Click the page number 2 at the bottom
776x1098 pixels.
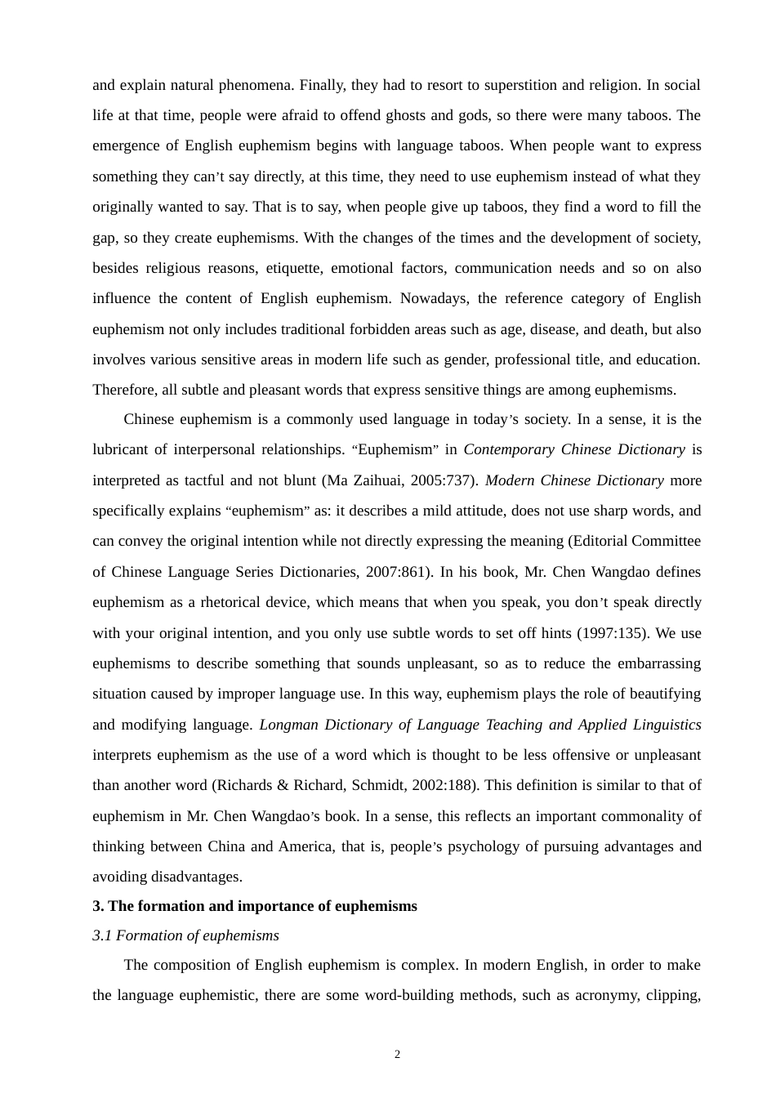coord(397,1055)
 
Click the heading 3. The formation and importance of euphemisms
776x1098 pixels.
coord(254,906)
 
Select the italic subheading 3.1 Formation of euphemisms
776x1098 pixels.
coord(185,936)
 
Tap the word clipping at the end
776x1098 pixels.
coord(675,996)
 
